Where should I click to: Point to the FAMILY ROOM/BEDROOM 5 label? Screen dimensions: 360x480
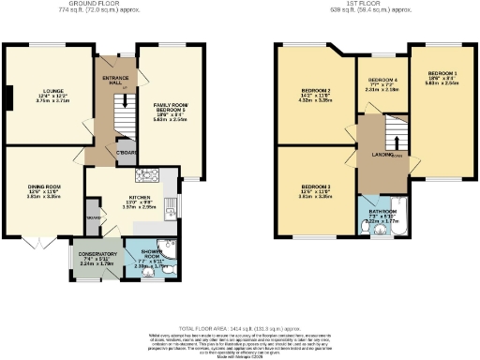(x=172, y=107)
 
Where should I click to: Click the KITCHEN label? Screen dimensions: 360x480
(x=139, y=198)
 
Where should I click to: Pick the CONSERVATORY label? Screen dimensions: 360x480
(x=96, y=253)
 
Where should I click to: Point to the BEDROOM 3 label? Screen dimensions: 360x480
(x=317, y=191)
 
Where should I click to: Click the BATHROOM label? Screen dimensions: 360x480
(x=382, y=212)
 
